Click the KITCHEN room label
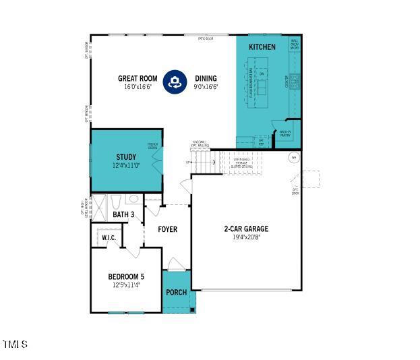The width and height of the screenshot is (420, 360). coord(262,47)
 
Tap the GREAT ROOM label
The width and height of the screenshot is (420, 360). coord(138,78)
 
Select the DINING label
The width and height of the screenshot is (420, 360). coord(206,78)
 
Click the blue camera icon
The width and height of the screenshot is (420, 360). coord(175,82)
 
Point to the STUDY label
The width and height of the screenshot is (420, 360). coord(125,157)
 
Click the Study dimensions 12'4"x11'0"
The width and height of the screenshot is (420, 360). coord(125,166)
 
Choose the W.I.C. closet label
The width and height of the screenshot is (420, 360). coord(109,238)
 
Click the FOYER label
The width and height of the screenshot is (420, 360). coord(167,230)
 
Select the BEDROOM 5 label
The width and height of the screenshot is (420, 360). coord(126,276)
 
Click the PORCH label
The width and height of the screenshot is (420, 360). coord(176,293)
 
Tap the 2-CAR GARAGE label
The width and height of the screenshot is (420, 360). coord(246,229)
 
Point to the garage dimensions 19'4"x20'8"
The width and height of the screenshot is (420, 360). coord(246,237)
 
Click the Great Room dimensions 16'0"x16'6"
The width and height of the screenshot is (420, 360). coord(138,87)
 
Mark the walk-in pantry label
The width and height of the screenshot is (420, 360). coord(285,133)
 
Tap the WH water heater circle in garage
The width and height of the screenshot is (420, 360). coord(293,158)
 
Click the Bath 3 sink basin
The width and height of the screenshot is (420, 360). coord(133,200)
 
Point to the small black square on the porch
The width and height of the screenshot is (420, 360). coord(192,309)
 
